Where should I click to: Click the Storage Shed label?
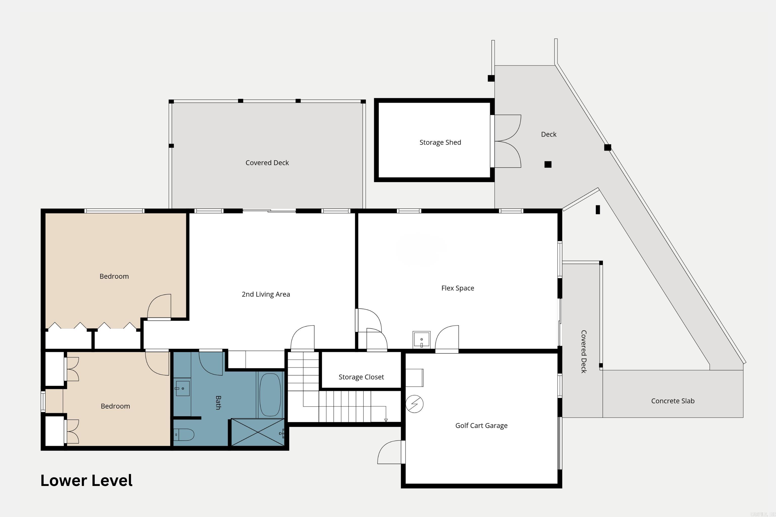(x=440, y=142)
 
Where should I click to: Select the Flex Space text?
(x=458, y=288)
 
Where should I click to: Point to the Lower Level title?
(x=86, y=480)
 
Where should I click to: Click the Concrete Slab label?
(x=673, y=401)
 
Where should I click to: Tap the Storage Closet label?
(x=361, y=377)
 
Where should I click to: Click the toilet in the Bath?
(x=184, y=434)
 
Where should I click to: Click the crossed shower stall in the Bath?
(x=258, y=432)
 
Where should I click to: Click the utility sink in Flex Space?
(x=421, y=340)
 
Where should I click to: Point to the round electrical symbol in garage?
(x=414, y=404)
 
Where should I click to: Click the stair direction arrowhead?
(x=386, y=420)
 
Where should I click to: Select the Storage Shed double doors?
(x=506, y=141)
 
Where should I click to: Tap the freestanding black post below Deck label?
(x=548, y=164)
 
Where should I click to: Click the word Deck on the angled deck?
(x=548, y=135)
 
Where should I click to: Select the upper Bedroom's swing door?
(x=159, y=307)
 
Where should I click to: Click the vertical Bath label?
(x=218, y=403)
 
